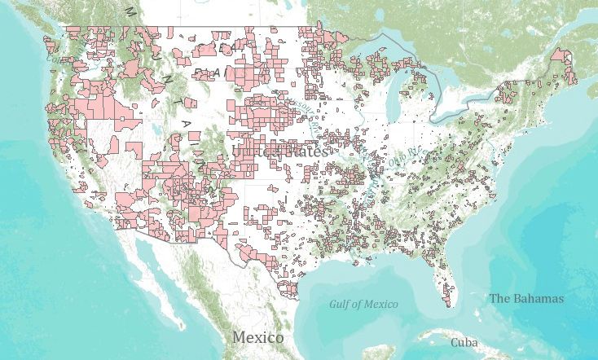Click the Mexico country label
pyautogui.click(x=257, y=337)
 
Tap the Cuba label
pyautogui.click(x=464, y=342)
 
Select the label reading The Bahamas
pyautogui.click(x=525, y=298)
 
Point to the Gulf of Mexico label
pyautogui.click(x=363, y=304)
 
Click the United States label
pyautogui.click(x=279, y=151)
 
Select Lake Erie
pyautogui.click(x=465, y=108)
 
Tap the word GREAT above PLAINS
pyautogui.click(x=225, y=49)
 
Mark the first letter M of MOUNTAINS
pyautogui.click(x=129, y=11)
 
